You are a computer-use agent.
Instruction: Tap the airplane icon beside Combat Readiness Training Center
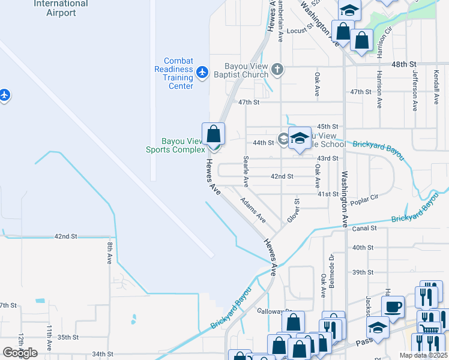click(x=202, y=73)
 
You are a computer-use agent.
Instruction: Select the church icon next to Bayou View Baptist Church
click(x=277, y=69)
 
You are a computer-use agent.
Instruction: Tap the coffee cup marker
click(x=393, y=307)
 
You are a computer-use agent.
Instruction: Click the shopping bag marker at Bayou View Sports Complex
click(x=213, y=134)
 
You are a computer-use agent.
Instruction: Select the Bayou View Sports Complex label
click(x=176, y=145)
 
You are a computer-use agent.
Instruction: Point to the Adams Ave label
click(x=253, y=210)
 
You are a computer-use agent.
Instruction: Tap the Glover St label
click(x=293, y=211)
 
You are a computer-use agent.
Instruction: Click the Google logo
click(x=20, y=352)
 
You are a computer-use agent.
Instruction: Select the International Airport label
click(x=61, y=8)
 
